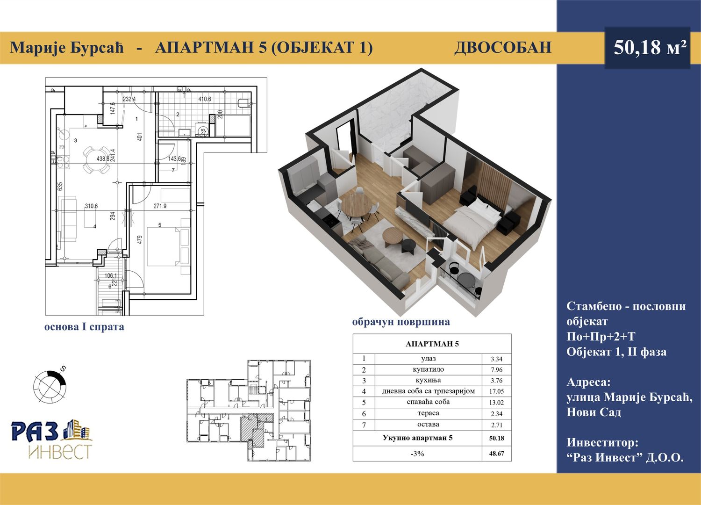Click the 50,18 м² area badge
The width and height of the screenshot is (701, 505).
tap(647, 48)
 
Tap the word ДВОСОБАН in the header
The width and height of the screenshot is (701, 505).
tap(502, 48)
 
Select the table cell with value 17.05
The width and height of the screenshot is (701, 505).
tap(496, 391)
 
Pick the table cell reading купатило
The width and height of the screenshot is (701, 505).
tap(428, 369)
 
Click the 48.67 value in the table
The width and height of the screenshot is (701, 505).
tap(496, 454)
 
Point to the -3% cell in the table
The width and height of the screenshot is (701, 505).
tap(417, 454)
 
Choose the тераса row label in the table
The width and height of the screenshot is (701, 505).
tap(428, 413)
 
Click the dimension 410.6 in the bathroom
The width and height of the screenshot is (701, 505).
tap(205, 99)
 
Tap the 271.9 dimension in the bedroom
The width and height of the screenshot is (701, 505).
tap(160, 206)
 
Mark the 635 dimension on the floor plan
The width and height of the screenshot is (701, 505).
tap(60, 186)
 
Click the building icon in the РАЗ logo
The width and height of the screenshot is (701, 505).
tap(77, 430)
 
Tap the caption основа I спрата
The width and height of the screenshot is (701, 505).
tap(84, 327)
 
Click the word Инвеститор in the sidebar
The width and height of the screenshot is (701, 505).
tap(602, 442)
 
